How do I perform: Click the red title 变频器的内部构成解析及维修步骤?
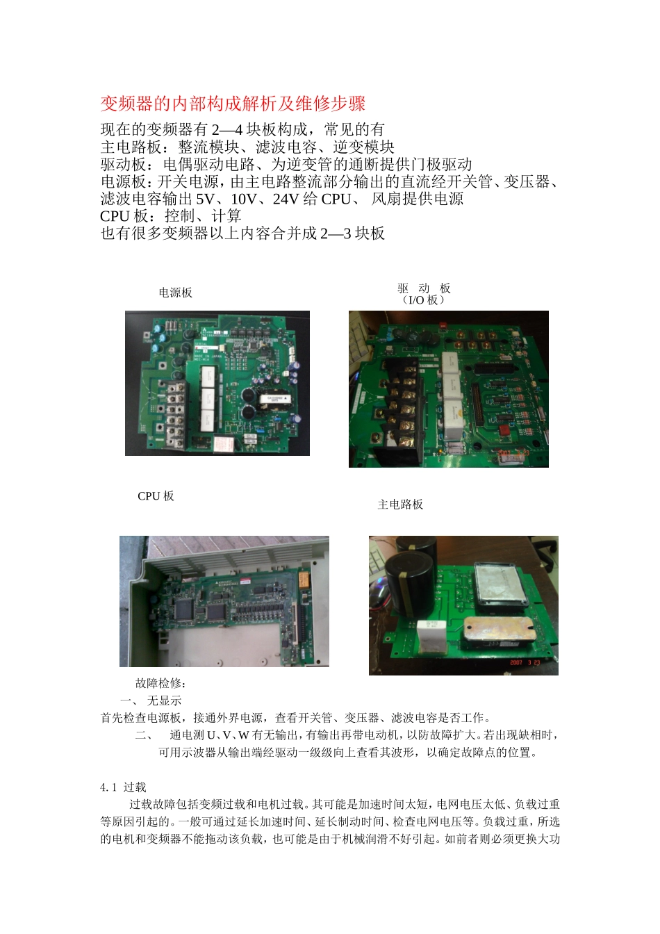pos(233,104)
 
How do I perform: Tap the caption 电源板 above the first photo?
pos(175,293)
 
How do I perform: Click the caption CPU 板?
pos(156,496)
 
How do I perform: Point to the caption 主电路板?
pos(400,505)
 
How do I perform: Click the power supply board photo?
pos(217,383)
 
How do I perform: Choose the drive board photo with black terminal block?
pos(448,388)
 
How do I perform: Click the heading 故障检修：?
pos(160,684)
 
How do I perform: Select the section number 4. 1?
pos(109,787)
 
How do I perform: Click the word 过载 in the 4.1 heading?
pos(135,787)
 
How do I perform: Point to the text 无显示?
pos(164,700)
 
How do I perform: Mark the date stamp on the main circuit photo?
pos(525,662)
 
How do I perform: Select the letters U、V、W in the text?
pos(229,735)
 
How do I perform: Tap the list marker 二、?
pos(145,735)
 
